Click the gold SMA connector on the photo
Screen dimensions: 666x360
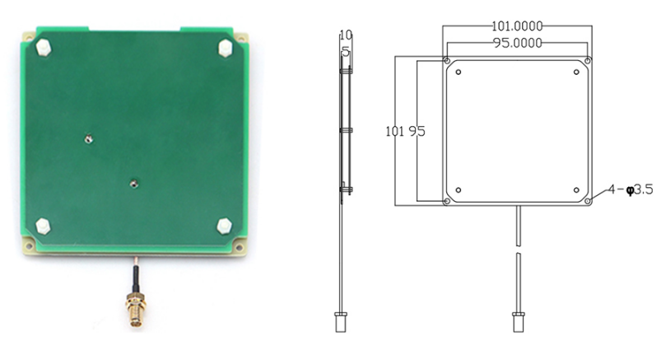tap(136, 310)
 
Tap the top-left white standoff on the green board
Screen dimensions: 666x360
tap(44, 47)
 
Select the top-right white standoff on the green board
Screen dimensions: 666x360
tap(226, 48)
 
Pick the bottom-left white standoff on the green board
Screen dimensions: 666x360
tap(43, 226)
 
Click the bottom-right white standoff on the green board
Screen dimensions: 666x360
tap(224, 226)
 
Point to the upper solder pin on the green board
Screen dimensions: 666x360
tap(88, 138)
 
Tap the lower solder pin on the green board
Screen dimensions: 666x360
tap(134, 184)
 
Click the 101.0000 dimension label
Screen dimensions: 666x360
tap(517, 26)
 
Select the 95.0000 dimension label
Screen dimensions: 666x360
tap(517, 43)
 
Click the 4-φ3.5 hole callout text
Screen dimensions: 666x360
tap(631, 189)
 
